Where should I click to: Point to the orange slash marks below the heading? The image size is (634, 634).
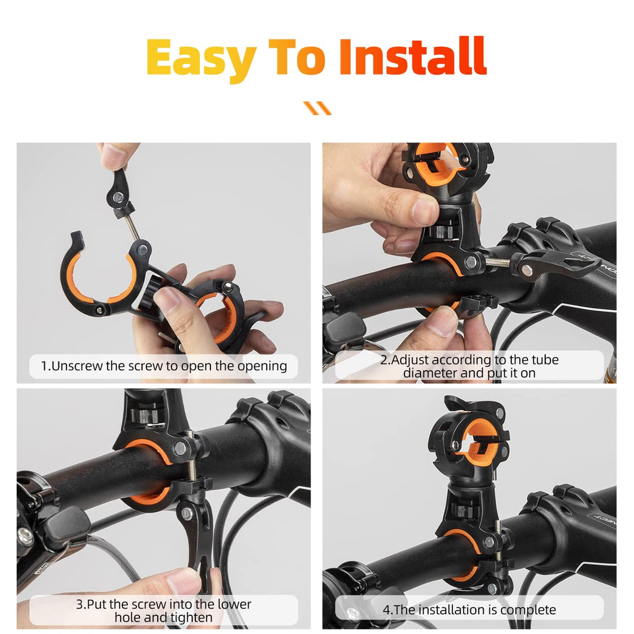[317, 108]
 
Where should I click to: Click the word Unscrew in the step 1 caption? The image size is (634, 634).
[77, 366]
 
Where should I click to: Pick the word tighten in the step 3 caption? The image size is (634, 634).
[191, 618]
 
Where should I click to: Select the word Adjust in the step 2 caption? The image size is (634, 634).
[409, 360]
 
